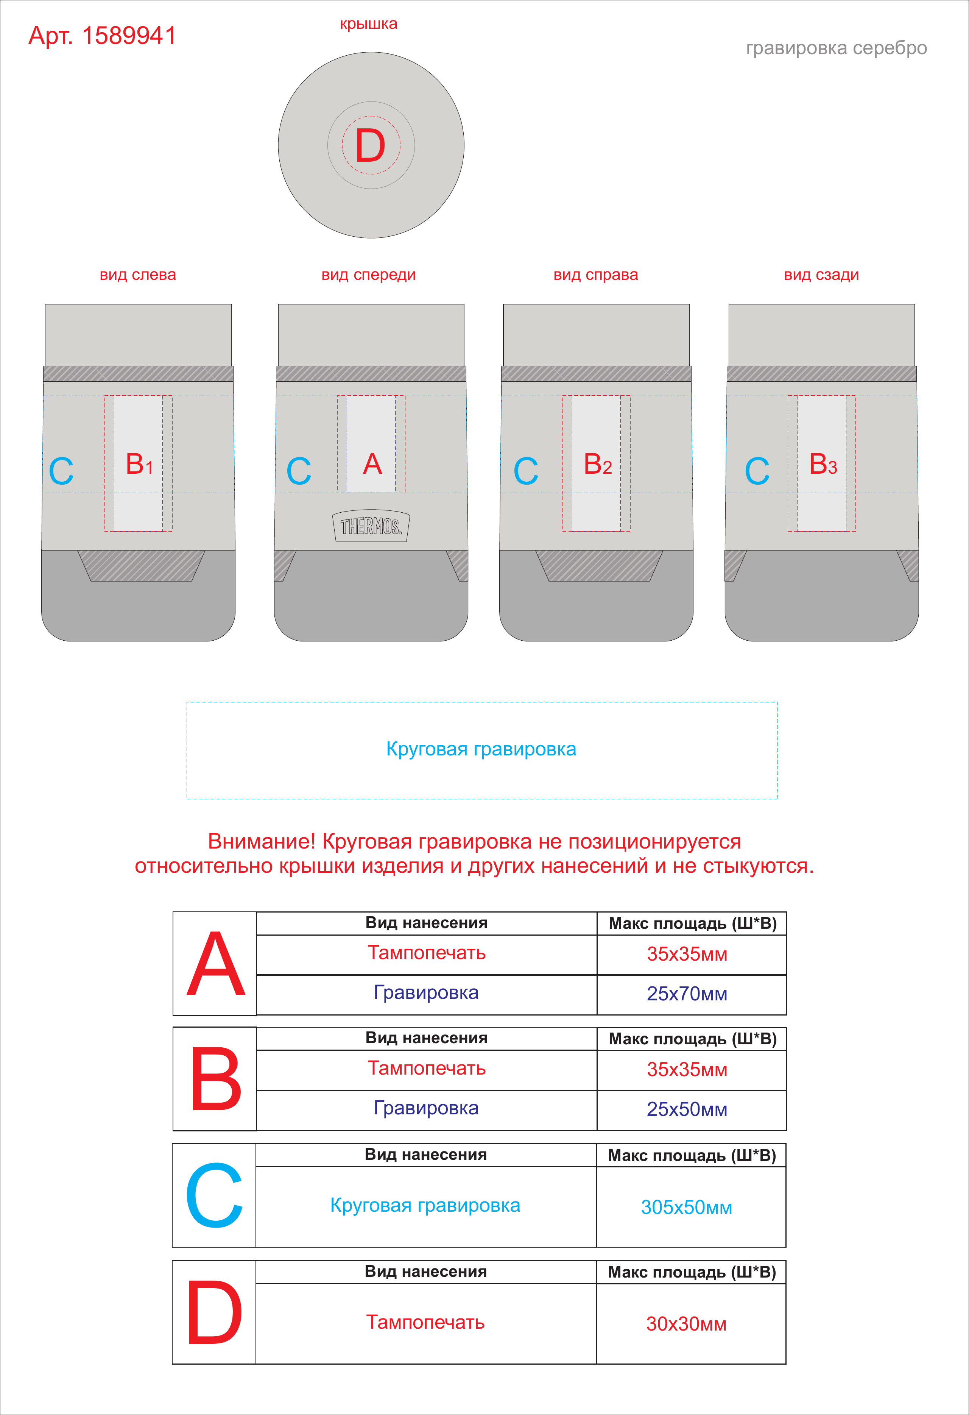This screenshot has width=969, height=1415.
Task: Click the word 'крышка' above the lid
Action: [x=368, y=24]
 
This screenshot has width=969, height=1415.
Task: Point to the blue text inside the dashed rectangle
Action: [x=481, y=749]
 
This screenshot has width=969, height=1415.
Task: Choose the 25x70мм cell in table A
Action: [x=687, y=994]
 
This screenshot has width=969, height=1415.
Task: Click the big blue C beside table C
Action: [x=214, y=1195]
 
